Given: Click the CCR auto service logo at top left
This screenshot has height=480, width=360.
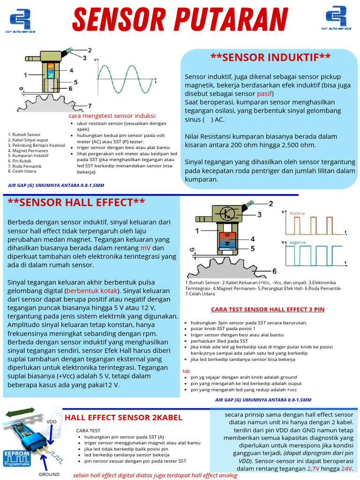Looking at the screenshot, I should coord(22,19).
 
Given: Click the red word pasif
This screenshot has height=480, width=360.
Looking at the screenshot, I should coord(264,93).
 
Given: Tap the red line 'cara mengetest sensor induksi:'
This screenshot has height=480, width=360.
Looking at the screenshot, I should coord(112,116).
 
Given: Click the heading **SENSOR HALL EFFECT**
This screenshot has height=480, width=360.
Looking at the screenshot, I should coord(76,202).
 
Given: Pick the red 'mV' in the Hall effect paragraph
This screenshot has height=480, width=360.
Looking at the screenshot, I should coord(146,247).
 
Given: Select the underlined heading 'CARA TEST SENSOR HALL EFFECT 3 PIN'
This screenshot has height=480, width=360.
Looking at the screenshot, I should coord(268,309).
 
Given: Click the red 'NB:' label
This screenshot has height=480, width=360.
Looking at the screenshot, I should coord(186,371).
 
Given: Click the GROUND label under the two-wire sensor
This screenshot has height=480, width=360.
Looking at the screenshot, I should coord(49,474).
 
